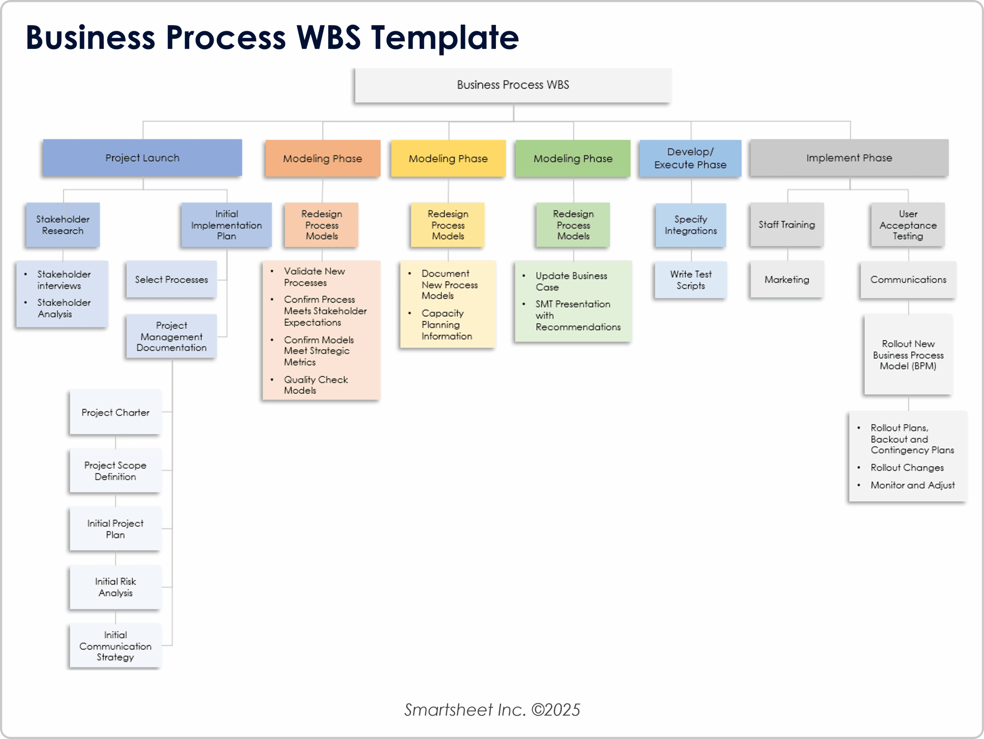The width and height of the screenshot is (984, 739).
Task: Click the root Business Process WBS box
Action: pos(512,85)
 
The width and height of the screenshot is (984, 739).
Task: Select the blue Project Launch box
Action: pos(142,158)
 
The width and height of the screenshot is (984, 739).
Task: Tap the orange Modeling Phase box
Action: pos(322,158)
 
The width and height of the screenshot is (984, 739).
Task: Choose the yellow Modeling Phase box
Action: pos(448,158)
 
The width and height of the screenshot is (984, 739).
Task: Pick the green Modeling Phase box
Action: pos(573,158)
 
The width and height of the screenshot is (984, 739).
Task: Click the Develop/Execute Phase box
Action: pos(690,158)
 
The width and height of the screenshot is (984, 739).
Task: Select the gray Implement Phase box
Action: pos(849,158)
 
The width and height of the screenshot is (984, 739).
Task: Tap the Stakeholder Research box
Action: pos(63,225)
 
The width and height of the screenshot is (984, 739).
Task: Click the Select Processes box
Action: pos(171,280)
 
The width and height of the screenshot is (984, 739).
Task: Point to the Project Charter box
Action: pos(115,413)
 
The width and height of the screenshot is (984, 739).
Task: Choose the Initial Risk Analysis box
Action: pos(115,587)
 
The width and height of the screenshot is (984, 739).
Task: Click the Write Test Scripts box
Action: pos(690,280)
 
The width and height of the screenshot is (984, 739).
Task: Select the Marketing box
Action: pos(786,280)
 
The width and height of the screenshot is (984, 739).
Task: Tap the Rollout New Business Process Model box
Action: pos(908,355)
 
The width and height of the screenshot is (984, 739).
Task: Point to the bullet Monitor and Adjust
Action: pos(913,485)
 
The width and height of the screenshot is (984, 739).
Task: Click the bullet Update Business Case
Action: pos(571,281)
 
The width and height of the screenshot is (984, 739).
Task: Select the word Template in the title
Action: pos(445,37)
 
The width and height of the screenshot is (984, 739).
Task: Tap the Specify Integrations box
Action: pos(690,225)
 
